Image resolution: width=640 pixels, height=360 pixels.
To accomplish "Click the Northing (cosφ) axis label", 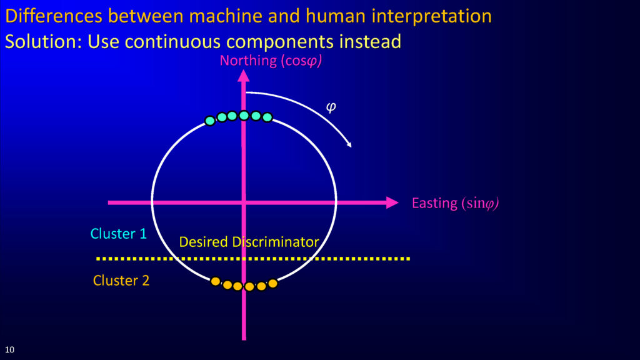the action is point(271,61).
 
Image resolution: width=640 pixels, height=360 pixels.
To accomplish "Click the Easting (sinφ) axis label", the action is point(455,203).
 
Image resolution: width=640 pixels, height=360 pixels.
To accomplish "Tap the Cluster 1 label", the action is point(118,234).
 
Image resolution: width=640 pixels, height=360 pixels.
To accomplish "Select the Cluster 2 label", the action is point(121,281).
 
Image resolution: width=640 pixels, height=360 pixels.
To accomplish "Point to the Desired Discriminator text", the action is point(249,242).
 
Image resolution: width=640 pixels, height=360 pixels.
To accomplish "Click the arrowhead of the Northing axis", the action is point(244,76).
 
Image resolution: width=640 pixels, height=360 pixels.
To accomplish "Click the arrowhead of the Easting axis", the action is point(392,202).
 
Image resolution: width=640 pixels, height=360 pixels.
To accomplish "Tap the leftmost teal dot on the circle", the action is point(210,121).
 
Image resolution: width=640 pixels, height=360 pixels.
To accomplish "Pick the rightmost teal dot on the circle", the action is point(267,117).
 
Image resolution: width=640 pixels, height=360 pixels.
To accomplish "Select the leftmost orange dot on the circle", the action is point(216,281).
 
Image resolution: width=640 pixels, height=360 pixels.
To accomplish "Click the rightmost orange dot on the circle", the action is point(272,283).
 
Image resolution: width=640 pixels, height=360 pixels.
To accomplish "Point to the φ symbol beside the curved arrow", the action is point(331,107).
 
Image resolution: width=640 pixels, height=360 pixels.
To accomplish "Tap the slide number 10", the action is point(9,350).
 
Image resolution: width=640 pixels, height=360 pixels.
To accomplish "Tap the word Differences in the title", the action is point(54,16).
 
